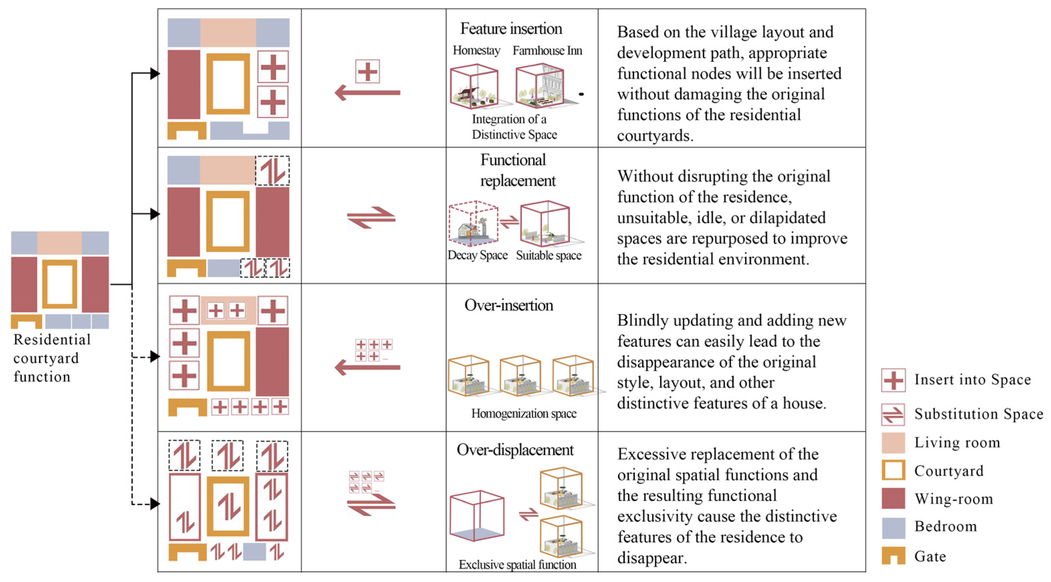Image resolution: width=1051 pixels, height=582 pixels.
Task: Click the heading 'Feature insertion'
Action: (x=511, y=28)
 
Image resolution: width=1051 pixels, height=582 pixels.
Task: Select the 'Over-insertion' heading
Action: (x=509, y=305)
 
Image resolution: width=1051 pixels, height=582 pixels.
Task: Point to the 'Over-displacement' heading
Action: (x=515, y=450)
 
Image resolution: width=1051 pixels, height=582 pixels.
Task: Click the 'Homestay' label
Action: (x=476, y=50)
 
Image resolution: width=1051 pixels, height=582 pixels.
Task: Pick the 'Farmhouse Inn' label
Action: (x=547, y=50)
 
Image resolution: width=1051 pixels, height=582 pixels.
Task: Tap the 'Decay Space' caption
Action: (x=477, y=255)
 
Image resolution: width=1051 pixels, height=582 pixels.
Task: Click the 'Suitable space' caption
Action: (x=549, y=255)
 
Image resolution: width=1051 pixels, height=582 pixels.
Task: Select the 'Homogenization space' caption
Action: (x=524, y=414)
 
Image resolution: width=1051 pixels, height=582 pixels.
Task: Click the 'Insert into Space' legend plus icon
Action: (x=893, y=380)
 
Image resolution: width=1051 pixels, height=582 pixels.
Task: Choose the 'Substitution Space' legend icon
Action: (x=893, y=414)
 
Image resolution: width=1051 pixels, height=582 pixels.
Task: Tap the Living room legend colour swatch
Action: (x=893, y=443)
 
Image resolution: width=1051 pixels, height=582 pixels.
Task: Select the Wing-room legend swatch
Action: (x=893, y=498)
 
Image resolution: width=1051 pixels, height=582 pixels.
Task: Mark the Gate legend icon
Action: (x=893, y=556)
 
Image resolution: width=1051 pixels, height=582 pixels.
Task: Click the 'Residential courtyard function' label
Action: (x=52, y=358)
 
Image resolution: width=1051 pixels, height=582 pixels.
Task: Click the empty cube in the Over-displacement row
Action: (x=476, y=516)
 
